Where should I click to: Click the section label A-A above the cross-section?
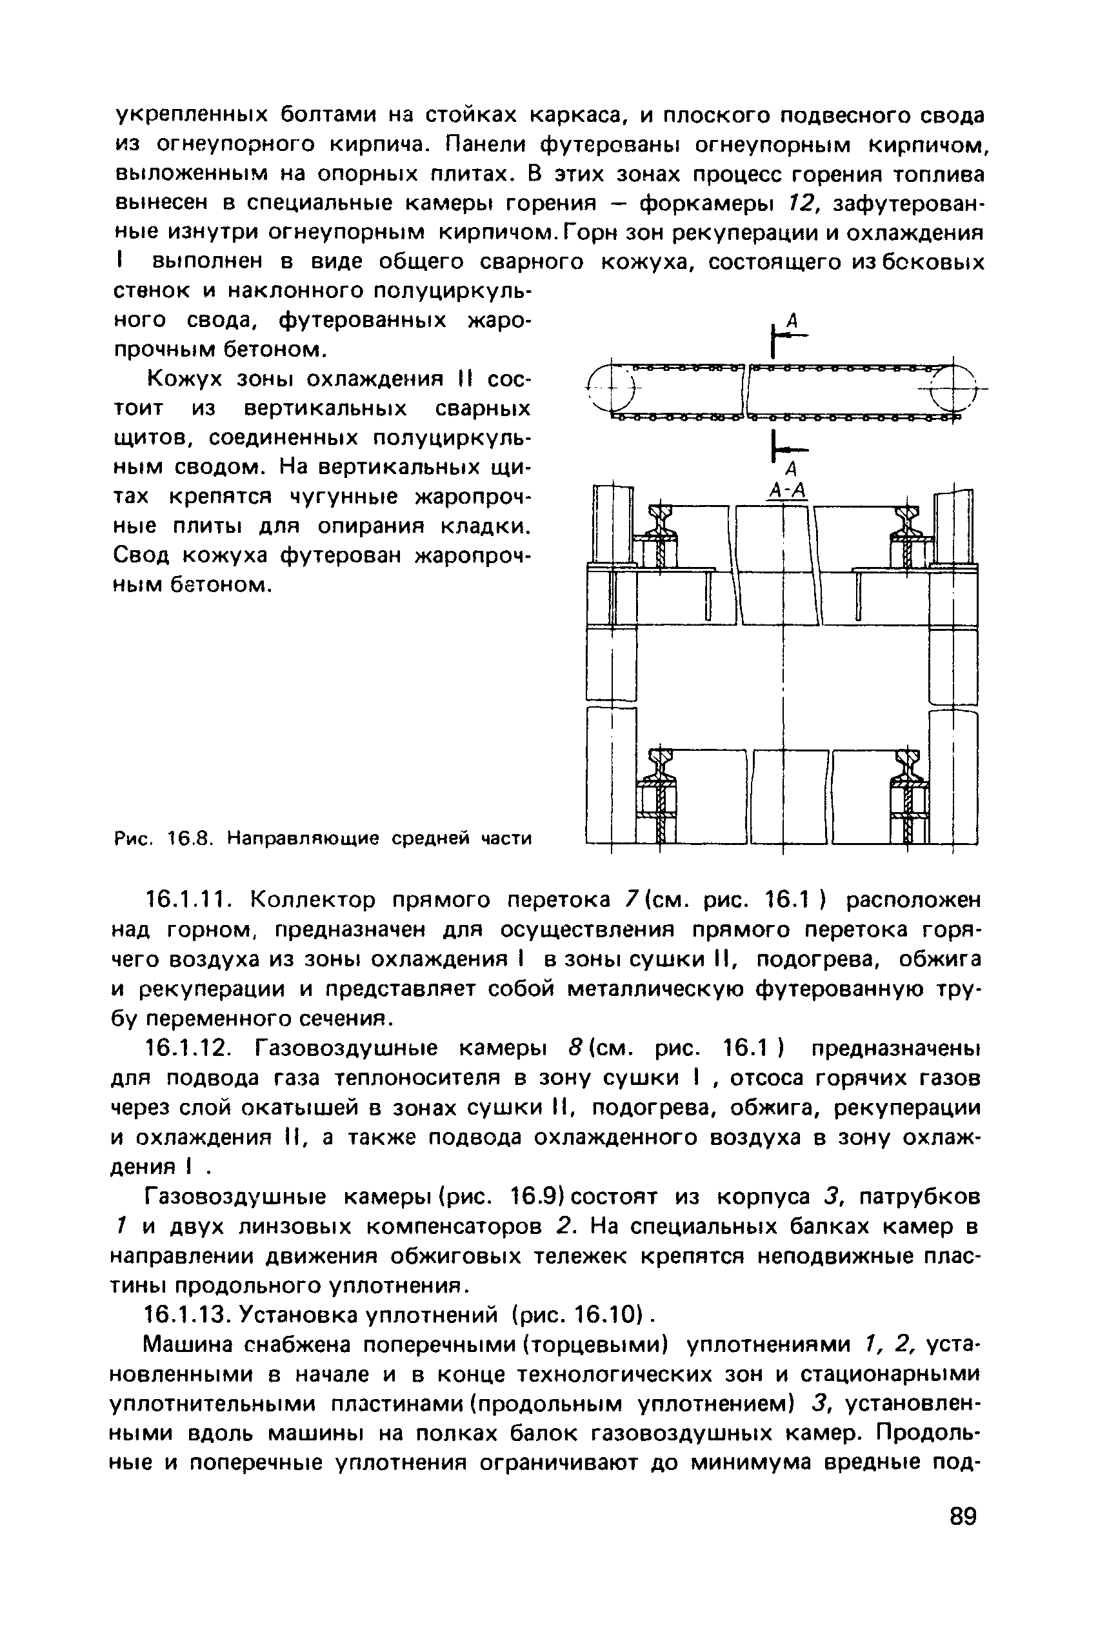pos(788,492)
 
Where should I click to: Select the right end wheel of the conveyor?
pos(952,388)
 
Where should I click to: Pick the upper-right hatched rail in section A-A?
pos(909,532)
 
